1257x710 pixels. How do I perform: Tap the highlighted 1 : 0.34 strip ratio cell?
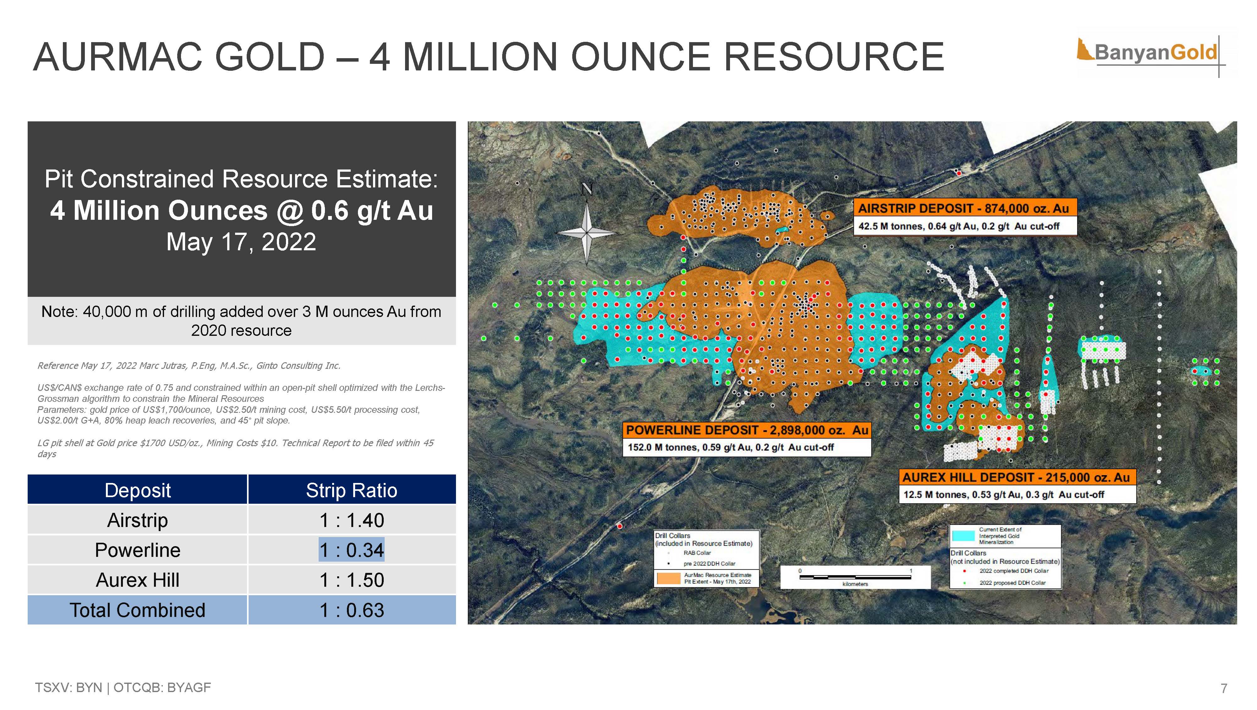pyautogui.click(x=351, y=550)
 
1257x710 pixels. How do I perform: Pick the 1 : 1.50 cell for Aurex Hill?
pyautogui.click(x=351, y=580)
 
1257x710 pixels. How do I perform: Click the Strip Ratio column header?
pyautogui.click(x=351, y=490)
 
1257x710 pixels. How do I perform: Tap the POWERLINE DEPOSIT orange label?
pyautogui.click(x=747, y=430)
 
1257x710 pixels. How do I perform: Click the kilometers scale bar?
pyautogui.click(x=855, y=577)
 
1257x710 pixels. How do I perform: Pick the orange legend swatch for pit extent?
pyautogui.click(x=668, y=578)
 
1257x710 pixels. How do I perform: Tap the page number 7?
pyautogui.click(x=1224, y=688)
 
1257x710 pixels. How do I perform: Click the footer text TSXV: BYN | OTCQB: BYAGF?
pyautogui.click(x=123, y=688)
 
